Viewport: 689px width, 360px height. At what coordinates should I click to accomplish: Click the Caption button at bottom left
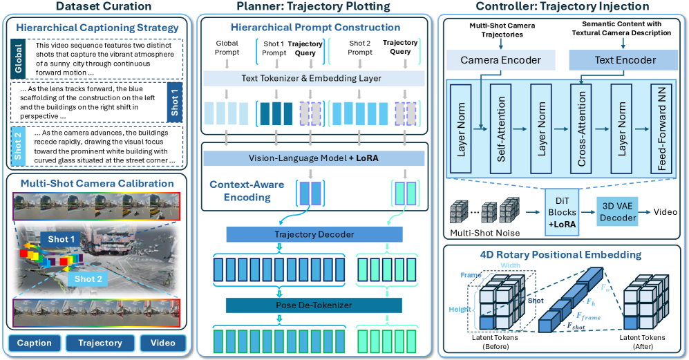pyautogui.click(x=35, y=343)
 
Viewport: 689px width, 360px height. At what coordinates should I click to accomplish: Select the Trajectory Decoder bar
pyautogui.click(x=315, y=235)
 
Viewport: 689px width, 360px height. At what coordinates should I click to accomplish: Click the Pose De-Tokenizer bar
pyautogui.click(x=315, y=305)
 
